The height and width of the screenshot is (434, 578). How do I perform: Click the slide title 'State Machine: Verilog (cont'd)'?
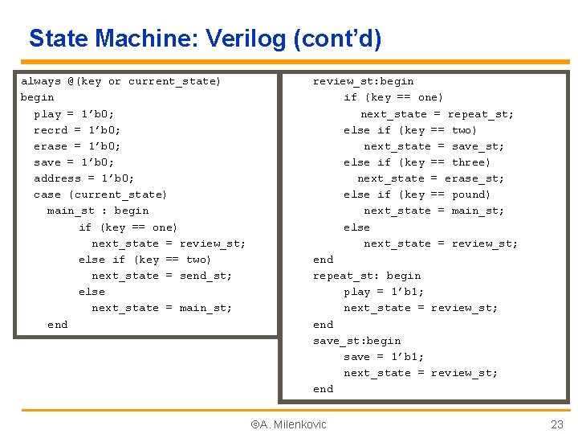[x=205, y=38]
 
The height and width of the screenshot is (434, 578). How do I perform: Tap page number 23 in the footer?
[x=557, y=424]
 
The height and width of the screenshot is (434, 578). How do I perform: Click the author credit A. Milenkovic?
[x=289, y=424]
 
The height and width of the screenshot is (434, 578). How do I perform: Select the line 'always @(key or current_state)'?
[x=120, y=81]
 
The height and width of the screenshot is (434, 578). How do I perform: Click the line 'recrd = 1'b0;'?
[x=77, y=129]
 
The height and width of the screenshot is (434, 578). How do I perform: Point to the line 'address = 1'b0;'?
[x=83, y=178]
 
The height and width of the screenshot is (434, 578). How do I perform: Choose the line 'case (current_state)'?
[x=100, y=194]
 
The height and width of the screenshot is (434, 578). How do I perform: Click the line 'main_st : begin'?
[x=97, y=211]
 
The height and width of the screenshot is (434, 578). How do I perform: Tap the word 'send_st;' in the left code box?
[x=206, y=276]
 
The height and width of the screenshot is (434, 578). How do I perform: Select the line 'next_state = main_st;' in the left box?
[x=161, y=308]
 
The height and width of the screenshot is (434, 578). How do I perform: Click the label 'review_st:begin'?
[x=363, y=81]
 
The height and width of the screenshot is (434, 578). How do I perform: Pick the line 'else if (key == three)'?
[x=417, y=162]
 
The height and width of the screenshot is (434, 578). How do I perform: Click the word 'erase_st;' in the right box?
[x=474, y=178]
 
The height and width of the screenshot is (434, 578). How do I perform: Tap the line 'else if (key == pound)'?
[x=417, y=194]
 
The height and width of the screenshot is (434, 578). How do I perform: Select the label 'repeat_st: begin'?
[x=366, y=276]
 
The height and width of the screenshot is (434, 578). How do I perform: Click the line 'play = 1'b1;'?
[x=384, y=292]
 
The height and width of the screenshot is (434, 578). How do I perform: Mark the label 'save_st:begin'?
[x=356, y=341]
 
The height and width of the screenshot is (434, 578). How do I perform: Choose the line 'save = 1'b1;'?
[x=384, y=357]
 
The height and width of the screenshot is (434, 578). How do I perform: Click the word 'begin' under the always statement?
[x=37, y=97]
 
